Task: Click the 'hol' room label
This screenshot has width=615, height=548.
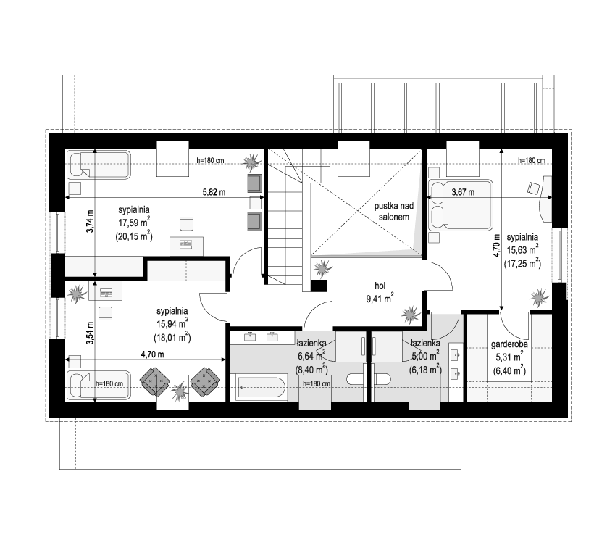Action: point(380,286)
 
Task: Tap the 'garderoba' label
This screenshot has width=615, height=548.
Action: point(509,344)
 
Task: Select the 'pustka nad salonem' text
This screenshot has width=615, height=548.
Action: point(393,211)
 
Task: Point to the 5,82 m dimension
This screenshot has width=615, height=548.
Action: point(214,192)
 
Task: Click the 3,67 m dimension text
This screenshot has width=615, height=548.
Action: point(463,192)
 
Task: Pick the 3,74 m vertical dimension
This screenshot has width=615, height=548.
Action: point(91,221)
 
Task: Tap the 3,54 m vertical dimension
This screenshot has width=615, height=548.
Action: point(91,333)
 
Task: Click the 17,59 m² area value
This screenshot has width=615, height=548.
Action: point(134,223)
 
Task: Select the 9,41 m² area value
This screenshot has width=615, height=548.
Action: point(380,299)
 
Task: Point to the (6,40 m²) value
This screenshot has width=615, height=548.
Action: point(509,370)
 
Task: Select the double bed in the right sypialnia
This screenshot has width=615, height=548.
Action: point(461,205)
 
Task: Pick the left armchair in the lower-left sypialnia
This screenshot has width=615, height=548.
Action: point(155,381)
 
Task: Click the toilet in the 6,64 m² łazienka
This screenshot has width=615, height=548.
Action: point(354,379)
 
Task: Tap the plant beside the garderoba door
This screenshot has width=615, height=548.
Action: point(538,299)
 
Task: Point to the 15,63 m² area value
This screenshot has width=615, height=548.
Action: point(522,249)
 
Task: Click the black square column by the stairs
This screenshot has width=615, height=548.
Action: point(319,286)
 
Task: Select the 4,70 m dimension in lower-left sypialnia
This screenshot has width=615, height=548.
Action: point(152,354)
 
